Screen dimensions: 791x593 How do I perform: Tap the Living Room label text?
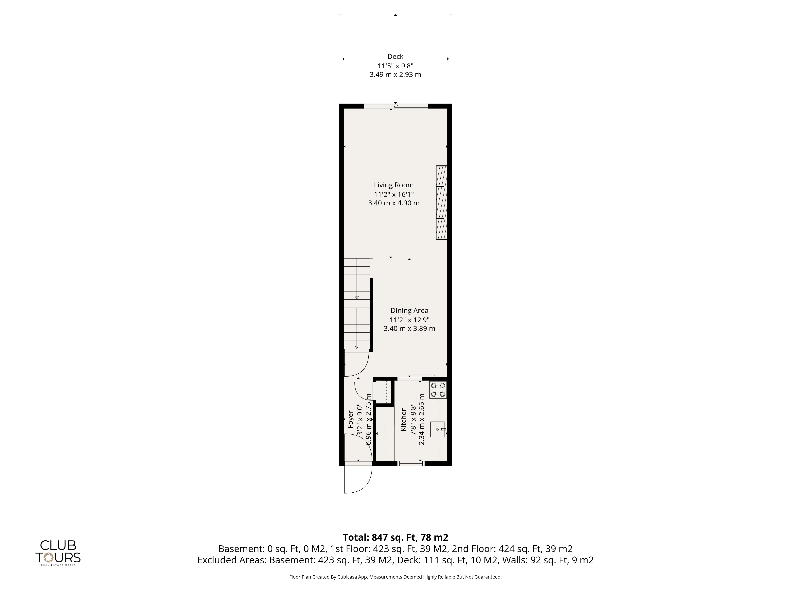click(x=394, y=185)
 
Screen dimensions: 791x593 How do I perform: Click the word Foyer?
click(x=351, y=419)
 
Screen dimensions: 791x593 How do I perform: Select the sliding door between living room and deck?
click(x=396, y=106)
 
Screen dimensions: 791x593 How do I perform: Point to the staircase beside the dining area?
click(x=358, y=304)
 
